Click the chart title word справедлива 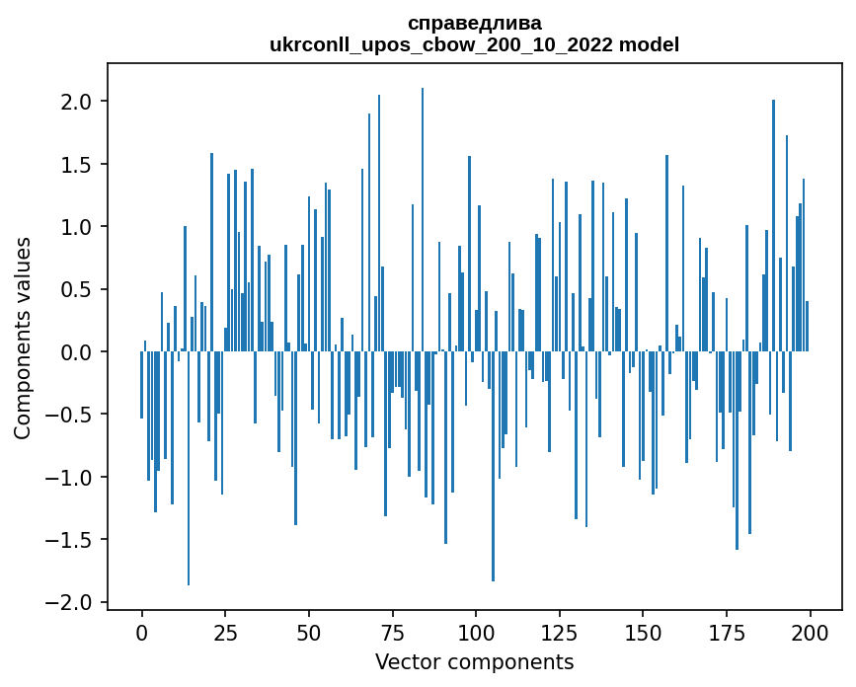(474, 23)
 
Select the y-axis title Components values (23, 338)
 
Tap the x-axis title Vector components (474, 661)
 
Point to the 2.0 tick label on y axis (77, 102)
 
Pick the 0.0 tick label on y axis (77, 352)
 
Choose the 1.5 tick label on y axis (77, 164)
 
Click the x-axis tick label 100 (476, 631)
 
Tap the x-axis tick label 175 (727, 631)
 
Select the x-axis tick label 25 (225, 631)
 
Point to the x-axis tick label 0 (142, 631)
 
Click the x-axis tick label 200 (810, 631)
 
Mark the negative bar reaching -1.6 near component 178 (737, 450)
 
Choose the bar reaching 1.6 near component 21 (211, 252)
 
